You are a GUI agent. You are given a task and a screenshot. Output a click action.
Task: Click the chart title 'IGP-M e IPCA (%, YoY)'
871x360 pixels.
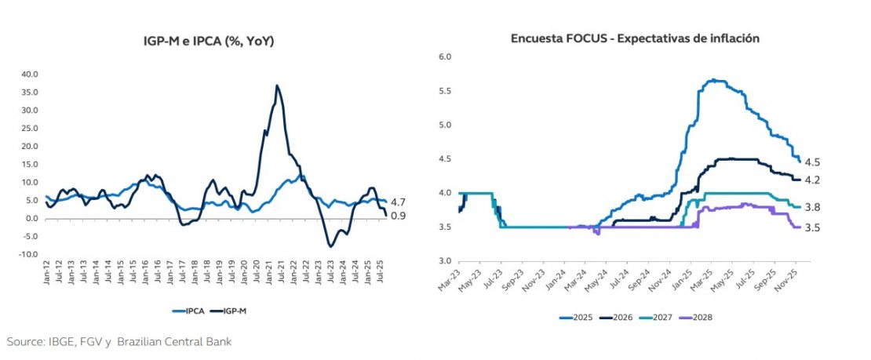click(203, 41)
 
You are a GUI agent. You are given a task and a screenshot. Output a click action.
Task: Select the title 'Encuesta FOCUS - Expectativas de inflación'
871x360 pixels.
click(635, 38)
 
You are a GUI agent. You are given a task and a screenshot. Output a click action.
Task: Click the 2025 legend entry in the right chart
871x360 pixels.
click(579, 317)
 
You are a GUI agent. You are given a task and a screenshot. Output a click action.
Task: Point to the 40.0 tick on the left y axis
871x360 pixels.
click(30, 75)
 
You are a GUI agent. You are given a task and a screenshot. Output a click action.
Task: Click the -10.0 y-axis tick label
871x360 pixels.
click(28, 254)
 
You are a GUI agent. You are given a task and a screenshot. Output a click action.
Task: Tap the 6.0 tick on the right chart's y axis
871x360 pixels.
click(444, 57)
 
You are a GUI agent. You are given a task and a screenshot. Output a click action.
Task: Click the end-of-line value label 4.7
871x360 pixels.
click(397, 202)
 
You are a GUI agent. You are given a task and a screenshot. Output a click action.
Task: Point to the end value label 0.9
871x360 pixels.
click(397, 216)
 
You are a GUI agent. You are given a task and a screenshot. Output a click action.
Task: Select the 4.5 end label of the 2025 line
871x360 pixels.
click(812, 162)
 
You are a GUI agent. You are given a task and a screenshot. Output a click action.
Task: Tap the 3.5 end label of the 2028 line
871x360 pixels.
click(812, 227)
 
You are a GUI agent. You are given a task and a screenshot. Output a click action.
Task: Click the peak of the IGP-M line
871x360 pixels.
click(277, 85)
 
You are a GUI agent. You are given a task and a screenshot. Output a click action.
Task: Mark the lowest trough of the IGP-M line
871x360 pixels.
click(330, 246)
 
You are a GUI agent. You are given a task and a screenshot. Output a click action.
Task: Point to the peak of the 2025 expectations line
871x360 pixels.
click(712, 79)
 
